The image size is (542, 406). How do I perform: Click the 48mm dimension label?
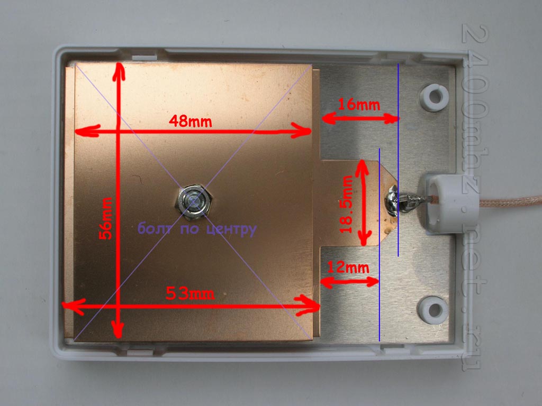point(190,121)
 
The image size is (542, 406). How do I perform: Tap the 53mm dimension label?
point(190,294)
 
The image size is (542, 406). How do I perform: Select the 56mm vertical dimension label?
point(105,218)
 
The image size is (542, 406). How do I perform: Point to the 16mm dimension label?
point(359,104)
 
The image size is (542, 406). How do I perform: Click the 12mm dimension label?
point(348,267)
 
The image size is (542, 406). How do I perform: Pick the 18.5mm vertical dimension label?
point(346,205)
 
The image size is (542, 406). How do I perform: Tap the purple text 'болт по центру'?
point(197,229)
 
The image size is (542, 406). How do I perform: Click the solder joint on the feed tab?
point(393,200)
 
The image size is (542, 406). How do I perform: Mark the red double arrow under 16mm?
point(360,118)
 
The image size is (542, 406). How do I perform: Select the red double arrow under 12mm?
point(350,281)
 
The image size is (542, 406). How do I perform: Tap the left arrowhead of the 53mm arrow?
point(73,306)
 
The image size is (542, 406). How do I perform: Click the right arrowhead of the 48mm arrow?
point(301,130)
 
